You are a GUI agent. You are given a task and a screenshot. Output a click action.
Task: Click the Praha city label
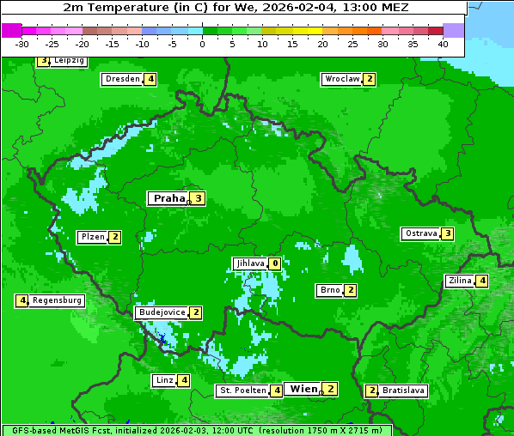coord(168,198)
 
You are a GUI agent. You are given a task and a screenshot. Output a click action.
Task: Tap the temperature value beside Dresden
coord(150,79)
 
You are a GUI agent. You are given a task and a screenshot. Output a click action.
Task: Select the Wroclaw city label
coord(342,79)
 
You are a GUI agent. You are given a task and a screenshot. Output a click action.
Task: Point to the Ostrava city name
coord(421,233)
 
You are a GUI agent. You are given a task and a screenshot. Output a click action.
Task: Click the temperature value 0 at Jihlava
coord(274,263)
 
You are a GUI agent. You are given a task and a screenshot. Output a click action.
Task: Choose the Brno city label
coord(329,290)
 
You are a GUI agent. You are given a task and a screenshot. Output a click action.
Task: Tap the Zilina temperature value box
coord(483,281)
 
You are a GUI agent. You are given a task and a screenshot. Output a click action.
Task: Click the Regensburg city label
coord(58,300)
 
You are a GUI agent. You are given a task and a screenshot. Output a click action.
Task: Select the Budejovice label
coord(162,312)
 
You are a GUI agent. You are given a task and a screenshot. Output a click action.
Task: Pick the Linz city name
coord(163,380)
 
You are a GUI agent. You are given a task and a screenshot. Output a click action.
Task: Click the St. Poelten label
coord(242,391)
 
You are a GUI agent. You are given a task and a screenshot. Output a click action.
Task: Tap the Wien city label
coord(303,389)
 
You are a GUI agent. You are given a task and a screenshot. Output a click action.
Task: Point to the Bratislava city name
coord(403,391)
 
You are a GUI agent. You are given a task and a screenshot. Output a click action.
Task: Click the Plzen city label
coord(93,237)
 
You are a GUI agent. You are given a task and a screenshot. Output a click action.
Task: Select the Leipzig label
coord(69,61)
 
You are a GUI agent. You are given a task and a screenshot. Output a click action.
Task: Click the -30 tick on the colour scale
coord(22,43)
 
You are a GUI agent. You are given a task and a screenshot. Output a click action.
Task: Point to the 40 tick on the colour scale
coord(443,43)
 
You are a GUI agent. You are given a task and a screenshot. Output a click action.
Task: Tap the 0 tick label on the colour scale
coord(203,43)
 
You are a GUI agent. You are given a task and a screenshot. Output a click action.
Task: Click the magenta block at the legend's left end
coord(11,30)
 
